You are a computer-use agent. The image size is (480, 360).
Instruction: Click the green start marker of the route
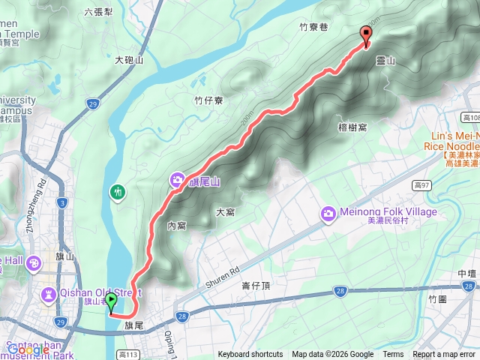(x=111, y=302)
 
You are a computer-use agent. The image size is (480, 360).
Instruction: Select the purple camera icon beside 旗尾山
(x=177, y=179)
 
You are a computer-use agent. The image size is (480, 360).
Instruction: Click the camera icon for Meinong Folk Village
(x=328, y=214)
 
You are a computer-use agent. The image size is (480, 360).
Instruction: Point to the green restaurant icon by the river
(x=118, y=191)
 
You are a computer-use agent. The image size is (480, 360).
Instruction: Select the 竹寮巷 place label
(x=313, y=27)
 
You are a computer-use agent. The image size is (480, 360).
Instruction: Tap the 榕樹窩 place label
(x=352, y=128)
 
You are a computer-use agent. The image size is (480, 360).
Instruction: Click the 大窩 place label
(x=226, y=213)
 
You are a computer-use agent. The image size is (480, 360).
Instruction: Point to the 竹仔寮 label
(x=208, y=100)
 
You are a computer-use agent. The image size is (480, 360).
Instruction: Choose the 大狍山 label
(x=129, y=60)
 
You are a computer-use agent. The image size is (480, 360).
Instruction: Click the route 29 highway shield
(x=92, y=103)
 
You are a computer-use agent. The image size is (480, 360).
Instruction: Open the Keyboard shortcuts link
(x=250, y=355)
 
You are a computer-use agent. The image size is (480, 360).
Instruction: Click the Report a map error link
(x=444, y=355)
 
